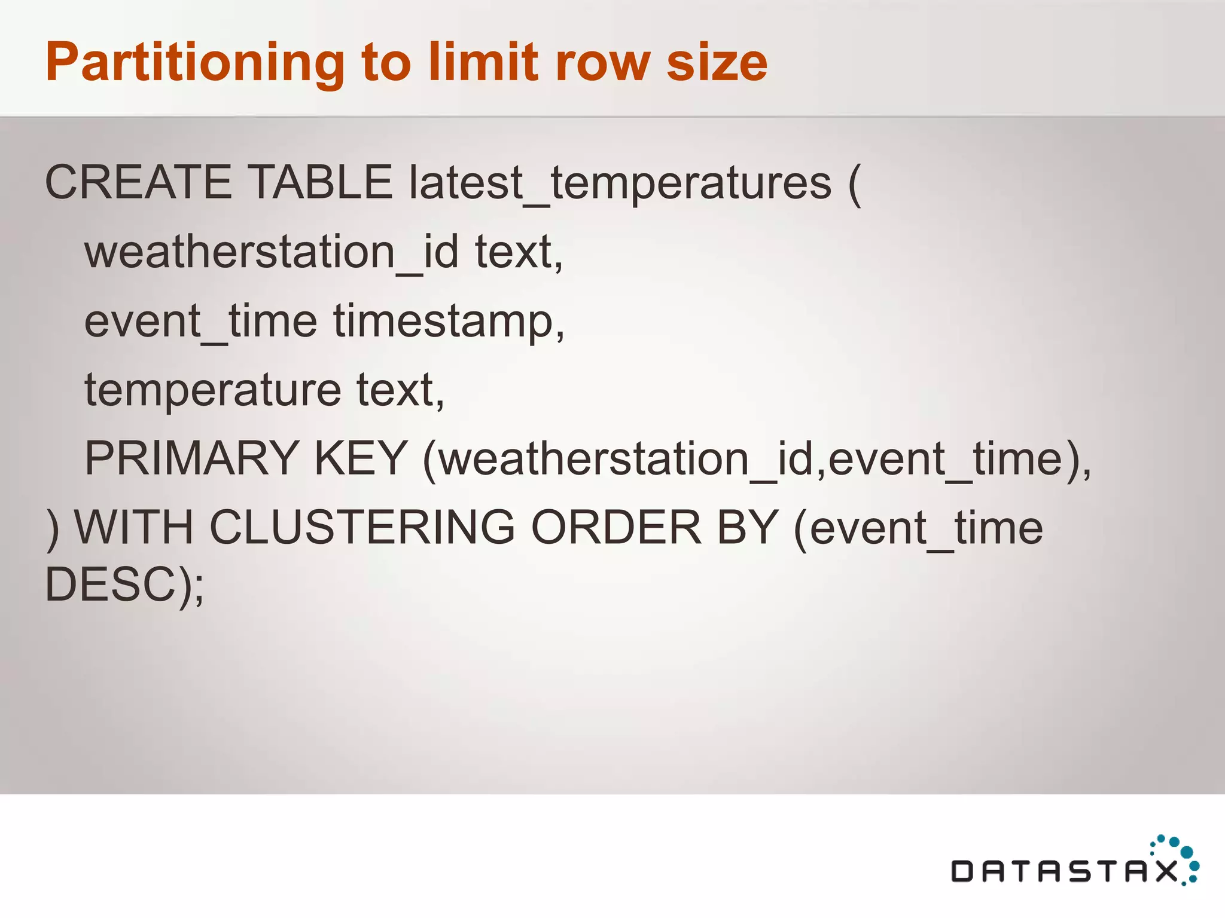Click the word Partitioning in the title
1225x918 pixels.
tap(194, 63)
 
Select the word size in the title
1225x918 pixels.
tap(717, 63)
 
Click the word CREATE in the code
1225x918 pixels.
tap(138, 182)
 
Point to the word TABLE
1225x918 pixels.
tap(319, 182)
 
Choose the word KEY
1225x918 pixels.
tap(361, 458)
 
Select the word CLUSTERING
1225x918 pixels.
tap(362, 528)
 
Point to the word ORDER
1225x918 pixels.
tap(616, 528)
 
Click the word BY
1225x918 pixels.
tap(747, 528)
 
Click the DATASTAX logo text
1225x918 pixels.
tap(1065, 871)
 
